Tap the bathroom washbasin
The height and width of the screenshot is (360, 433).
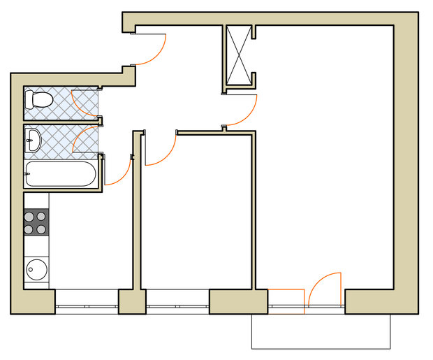tap(33, 142)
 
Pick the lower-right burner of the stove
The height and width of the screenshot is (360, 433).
tap(42, 229)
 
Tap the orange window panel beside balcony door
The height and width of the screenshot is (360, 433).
tap(286, 301)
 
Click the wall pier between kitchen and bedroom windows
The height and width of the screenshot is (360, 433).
tap(131, 302)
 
